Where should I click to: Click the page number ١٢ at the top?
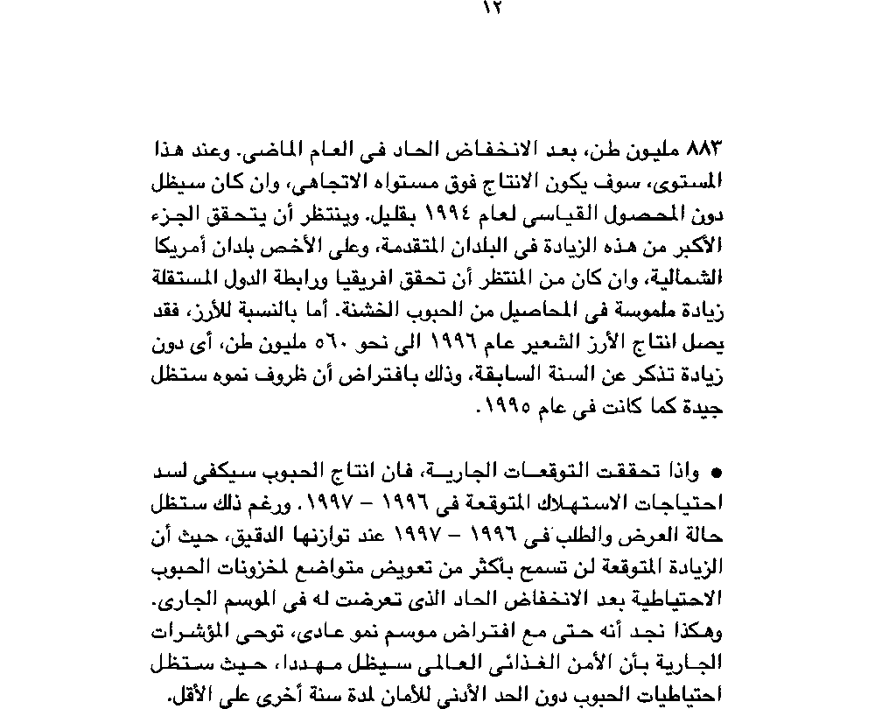489,9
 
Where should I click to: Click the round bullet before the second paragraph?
717,474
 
